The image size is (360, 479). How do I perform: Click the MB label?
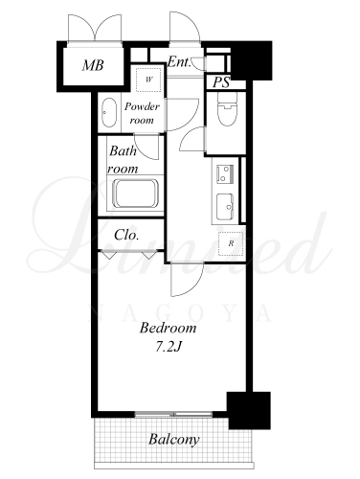(x=93, y=65)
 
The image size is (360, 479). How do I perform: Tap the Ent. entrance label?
(x=179, y=62)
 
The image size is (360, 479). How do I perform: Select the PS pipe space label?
(x=221, y=82)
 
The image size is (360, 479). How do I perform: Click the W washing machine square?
(x=148, y=80)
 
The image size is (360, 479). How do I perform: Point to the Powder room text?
(x=142, y=113)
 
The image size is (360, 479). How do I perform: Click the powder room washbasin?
(x=109, y=112)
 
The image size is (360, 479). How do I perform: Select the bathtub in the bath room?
(x=136, y=194)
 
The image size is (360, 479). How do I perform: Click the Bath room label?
(x=123, y=160)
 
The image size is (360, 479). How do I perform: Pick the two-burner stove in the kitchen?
(x=225, y=173)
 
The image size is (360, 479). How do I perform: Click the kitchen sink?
(x=225, y=207)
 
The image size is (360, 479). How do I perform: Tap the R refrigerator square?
(x=231, y=243)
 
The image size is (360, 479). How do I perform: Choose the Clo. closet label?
(x=126, y=236)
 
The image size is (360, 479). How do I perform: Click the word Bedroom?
(x=168, y=328)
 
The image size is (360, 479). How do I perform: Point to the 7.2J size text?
(x=169, y=347)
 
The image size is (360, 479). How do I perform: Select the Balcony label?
(x=174, y=440)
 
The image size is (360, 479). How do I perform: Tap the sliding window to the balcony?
(x=174, y=415)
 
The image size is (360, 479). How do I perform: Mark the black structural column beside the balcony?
(x=249, y=410)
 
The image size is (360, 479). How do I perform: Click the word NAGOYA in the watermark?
(x=180, y=313)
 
